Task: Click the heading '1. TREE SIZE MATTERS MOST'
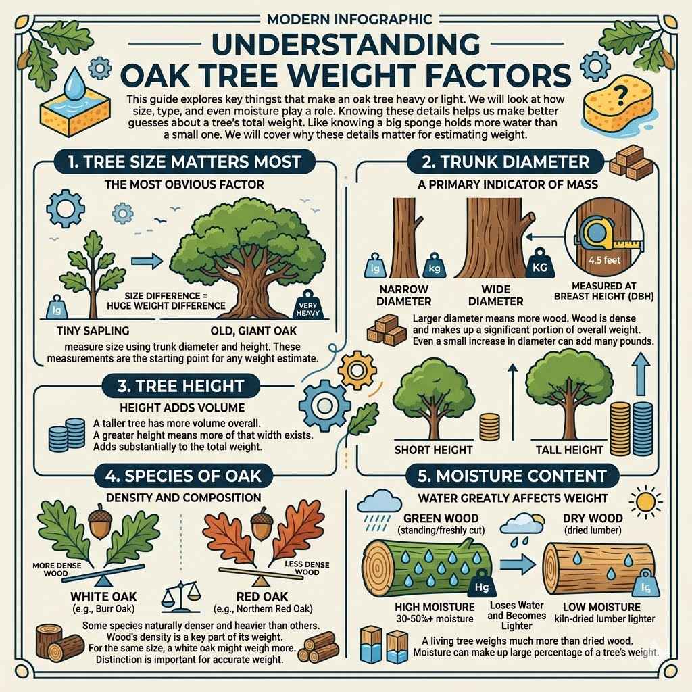click(175, 162)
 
